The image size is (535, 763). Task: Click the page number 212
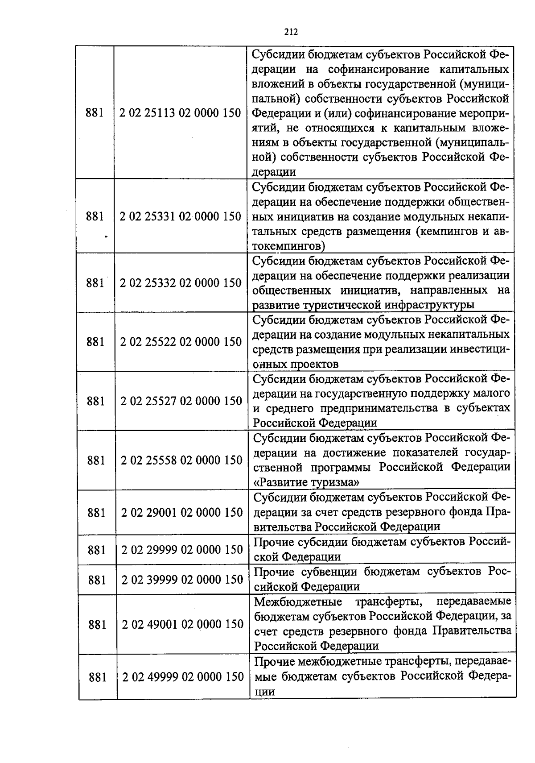[x=291, y=32]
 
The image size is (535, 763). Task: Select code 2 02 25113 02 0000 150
[x=180, y=112]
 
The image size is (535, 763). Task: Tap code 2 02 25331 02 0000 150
[x=180, y=216]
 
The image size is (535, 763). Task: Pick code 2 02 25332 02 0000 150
[x=181, y=282]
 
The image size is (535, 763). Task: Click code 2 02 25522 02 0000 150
[x=181, y=342]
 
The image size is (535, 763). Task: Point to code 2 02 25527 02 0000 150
[x=181, y=401]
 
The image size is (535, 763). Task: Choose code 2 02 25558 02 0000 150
[x=181, y=460]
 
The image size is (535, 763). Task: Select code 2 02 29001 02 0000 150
[x=182, y=512]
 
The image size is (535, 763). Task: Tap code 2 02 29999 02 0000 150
[x=182, y=550]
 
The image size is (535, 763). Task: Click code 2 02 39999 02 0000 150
[x=182, y=580]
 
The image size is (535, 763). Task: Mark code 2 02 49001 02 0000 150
[x=183, y=624]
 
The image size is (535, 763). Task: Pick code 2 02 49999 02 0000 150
[x=183, y=677]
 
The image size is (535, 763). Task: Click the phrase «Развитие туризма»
[x=307, y=482]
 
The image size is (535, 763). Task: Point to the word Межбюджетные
[x=298, y=602]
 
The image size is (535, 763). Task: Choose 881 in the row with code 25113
[x=95, y=112]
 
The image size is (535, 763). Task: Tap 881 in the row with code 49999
[x=97, y=677]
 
